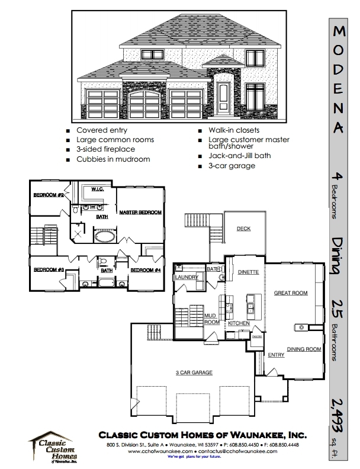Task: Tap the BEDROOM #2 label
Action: (48, 195)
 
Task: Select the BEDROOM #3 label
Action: (49, 270)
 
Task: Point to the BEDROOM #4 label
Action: (146, 270)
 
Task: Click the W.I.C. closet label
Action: (98, 189)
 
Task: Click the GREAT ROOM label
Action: (290, 293)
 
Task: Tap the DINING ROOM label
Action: (304, 349)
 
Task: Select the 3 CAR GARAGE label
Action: (194, 372)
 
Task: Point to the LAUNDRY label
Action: (185, 277)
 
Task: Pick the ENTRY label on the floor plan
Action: (276, 355)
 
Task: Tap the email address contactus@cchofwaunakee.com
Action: (252, 451)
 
